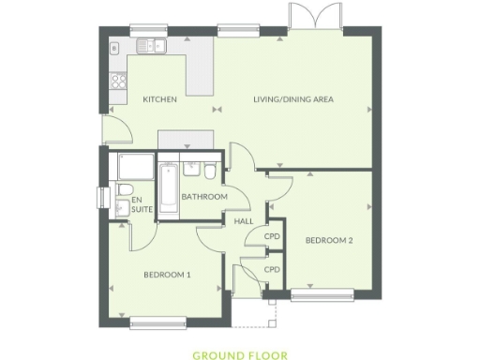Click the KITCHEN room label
pyautogui.click(x=159, y=99)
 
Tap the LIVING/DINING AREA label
pyautogui.click(x=294, y=99)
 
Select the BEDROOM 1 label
pyautogui.click(x=167, y=275)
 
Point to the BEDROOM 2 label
pyautogui.click(x=329, y=240)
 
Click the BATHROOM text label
pyautogui.click(x=204, y=197)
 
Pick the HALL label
pyautogui.click(x=244, y=221)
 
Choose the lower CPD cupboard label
pyautogui.click(x=272, y=269)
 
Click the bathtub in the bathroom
pyautogui.click(x=169, y=190)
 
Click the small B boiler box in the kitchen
pyautogui.click(x=114, y=47)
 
